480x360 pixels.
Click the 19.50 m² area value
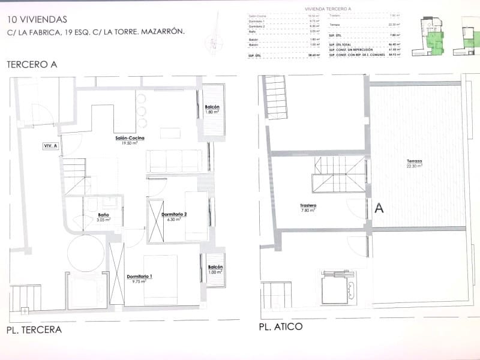tap(131, 143)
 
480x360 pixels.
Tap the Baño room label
tap(103, 215)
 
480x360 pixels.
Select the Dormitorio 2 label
tap(178, 214)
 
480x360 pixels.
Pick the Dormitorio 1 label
tap(140, 276)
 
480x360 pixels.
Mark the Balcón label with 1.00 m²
tap(215, 267)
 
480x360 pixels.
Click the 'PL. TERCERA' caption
tap(34, 330)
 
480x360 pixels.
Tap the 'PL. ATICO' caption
tap(281, 327)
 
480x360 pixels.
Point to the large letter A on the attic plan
tap(379, 208)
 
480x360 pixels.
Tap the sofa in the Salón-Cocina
tap(174, 161)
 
